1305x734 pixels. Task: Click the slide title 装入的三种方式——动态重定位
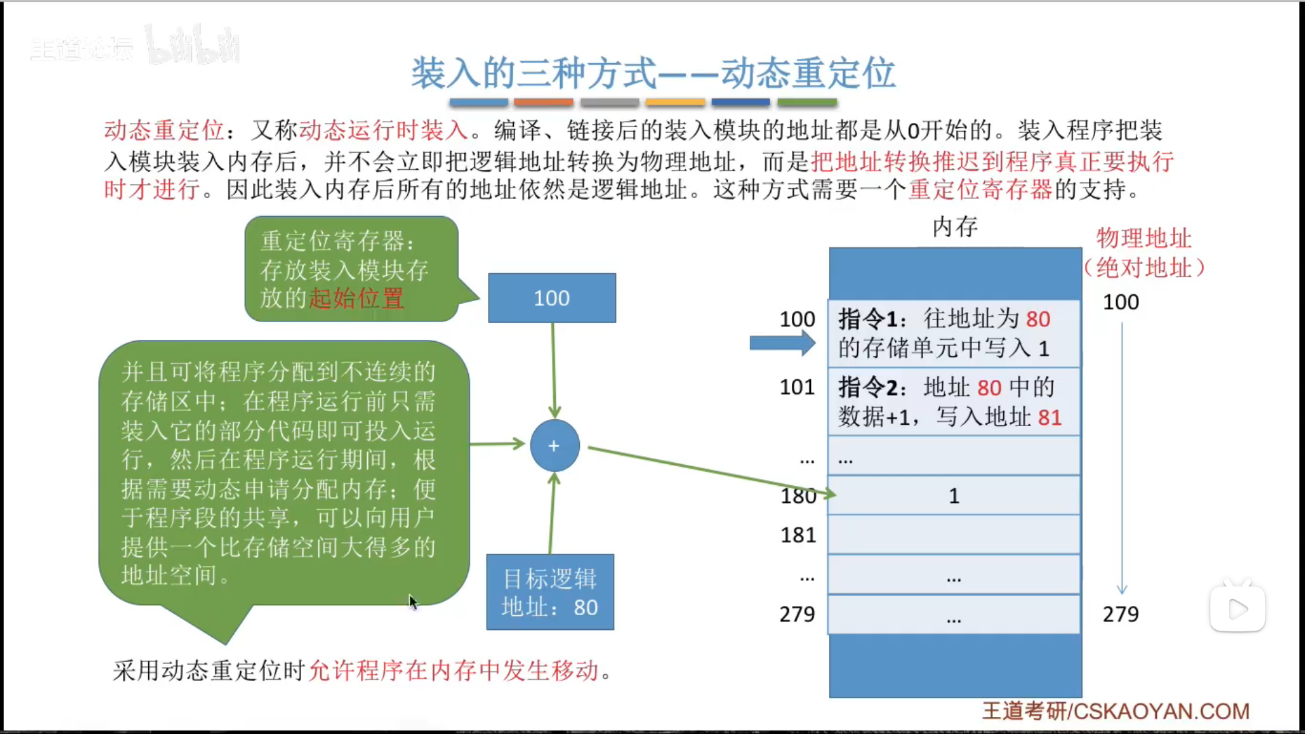[652, 73]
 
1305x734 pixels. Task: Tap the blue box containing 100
[552, 298]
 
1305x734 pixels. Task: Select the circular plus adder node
[555, 446]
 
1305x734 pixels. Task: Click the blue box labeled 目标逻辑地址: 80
[550, 592]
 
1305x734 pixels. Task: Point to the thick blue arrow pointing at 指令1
[782, 343]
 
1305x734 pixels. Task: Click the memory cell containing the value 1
[954, 495]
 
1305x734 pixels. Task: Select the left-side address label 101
[797, 387]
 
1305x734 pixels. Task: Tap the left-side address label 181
[798, 536]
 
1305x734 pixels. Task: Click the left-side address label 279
[797, 614]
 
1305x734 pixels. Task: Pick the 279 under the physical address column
[1120, 614]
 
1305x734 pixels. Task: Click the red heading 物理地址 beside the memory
[1143, 239]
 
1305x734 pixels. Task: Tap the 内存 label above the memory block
[954, 227]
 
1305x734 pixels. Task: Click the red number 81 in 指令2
[1049, 417]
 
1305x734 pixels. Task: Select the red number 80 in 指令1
[1038, 319]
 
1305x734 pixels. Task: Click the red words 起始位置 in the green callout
[356, 298]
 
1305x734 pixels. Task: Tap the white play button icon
[1237, 609]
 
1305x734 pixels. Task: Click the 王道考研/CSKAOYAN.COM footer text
[1115, 711]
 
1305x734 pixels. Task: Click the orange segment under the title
[543, 103]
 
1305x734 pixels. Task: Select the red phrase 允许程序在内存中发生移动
[454, 671]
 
